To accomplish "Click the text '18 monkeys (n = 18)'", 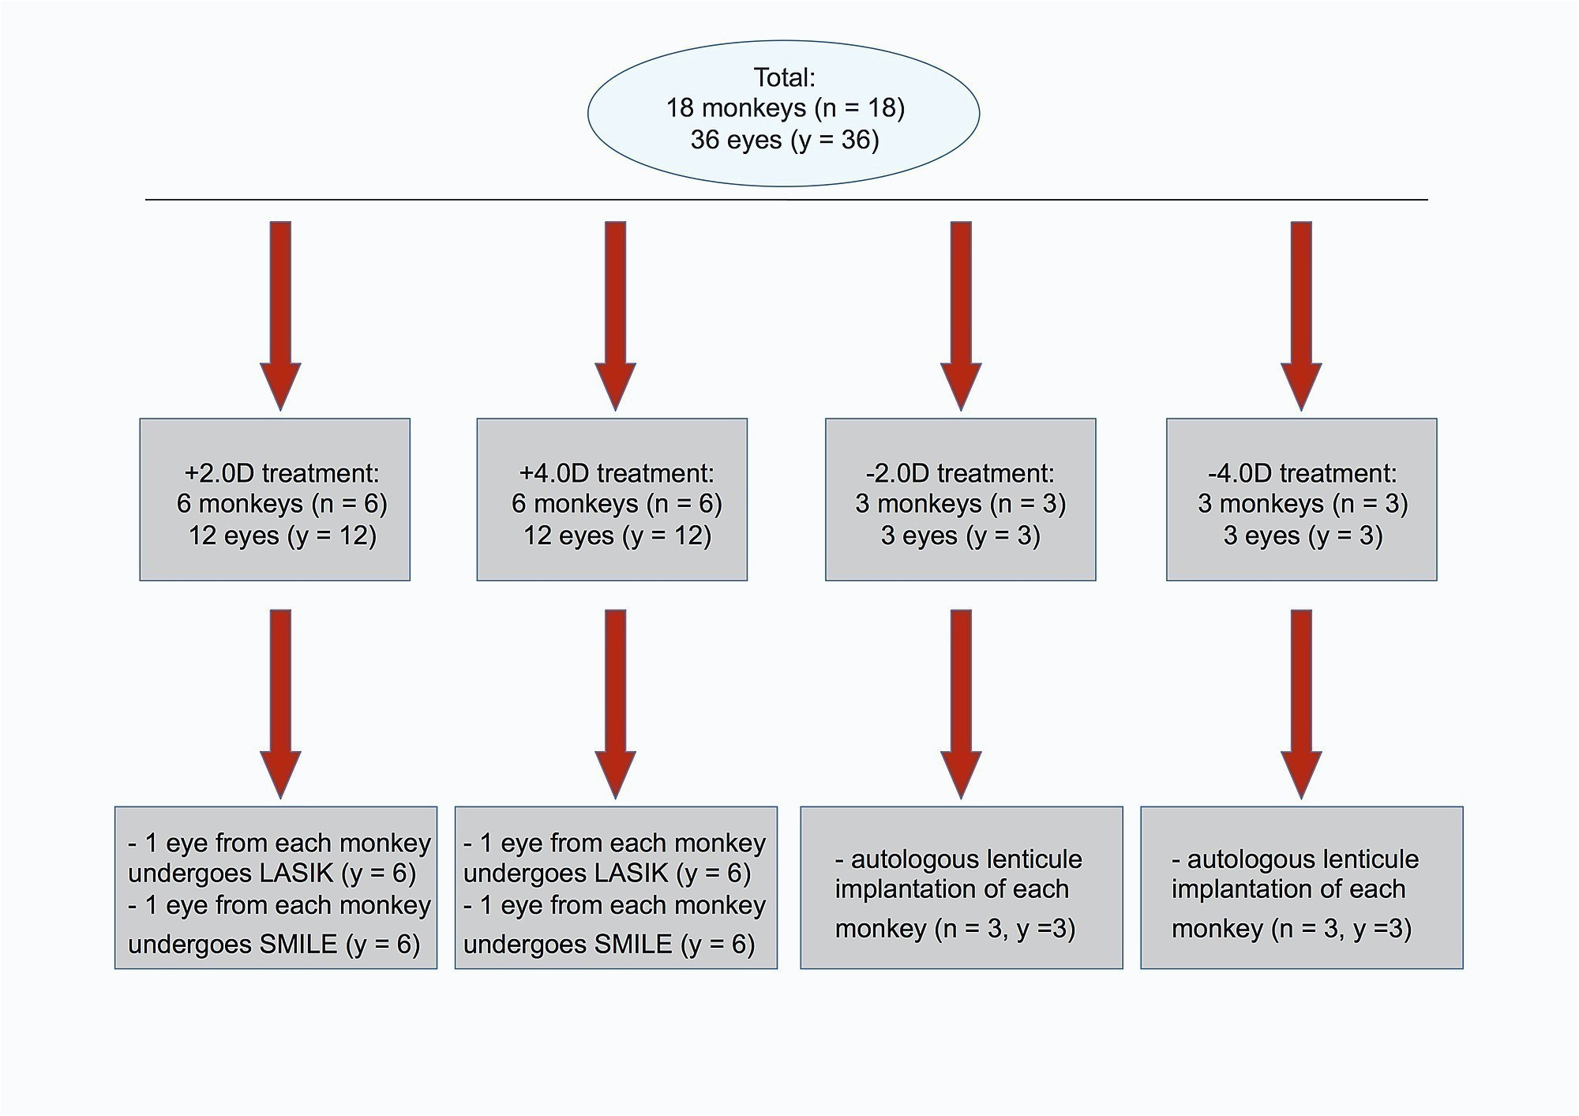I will (x=785, y=108).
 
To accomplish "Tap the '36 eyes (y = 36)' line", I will (x=785, y=140).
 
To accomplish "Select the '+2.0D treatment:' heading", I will (x=281, y=473).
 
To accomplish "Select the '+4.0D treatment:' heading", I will (x=616, y=473).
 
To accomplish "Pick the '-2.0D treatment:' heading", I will (x=959, y=473).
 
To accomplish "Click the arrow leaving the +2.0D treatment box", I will (x=280, y=702).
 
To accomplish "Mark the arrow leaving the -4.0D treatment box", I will (x=1301, y=702).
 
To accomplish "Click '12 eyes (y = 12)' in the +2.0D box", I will (x=282, y=536).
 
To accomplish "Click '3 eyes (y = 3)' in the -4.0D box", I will (x=1303, y=536).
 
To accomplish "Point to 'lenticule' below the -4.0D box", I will (x=1360, y=859).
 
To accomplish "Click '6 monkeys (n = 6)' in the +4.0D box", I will (x=617, y=504).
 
